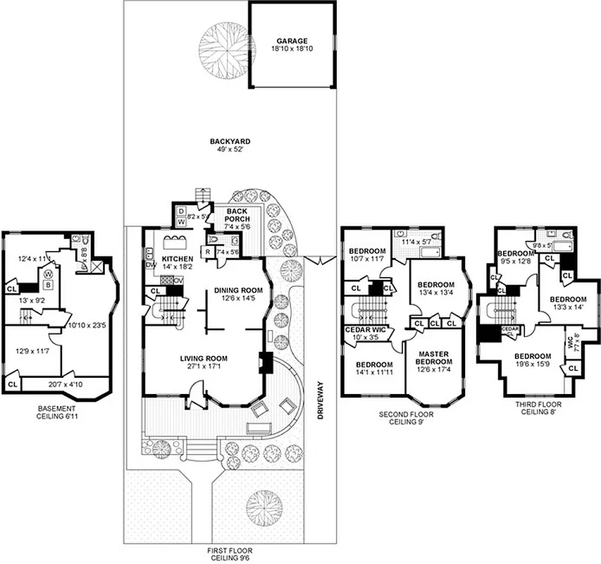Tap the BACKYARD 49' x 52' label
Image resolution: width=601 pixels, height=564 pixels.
[x=230, y=145]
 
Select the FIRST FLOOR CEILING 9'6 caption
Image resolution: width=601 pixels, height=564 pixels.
[x=230, y=554]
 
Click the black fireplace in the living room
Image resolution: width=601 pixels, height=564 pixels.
[x=266, y=362]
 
